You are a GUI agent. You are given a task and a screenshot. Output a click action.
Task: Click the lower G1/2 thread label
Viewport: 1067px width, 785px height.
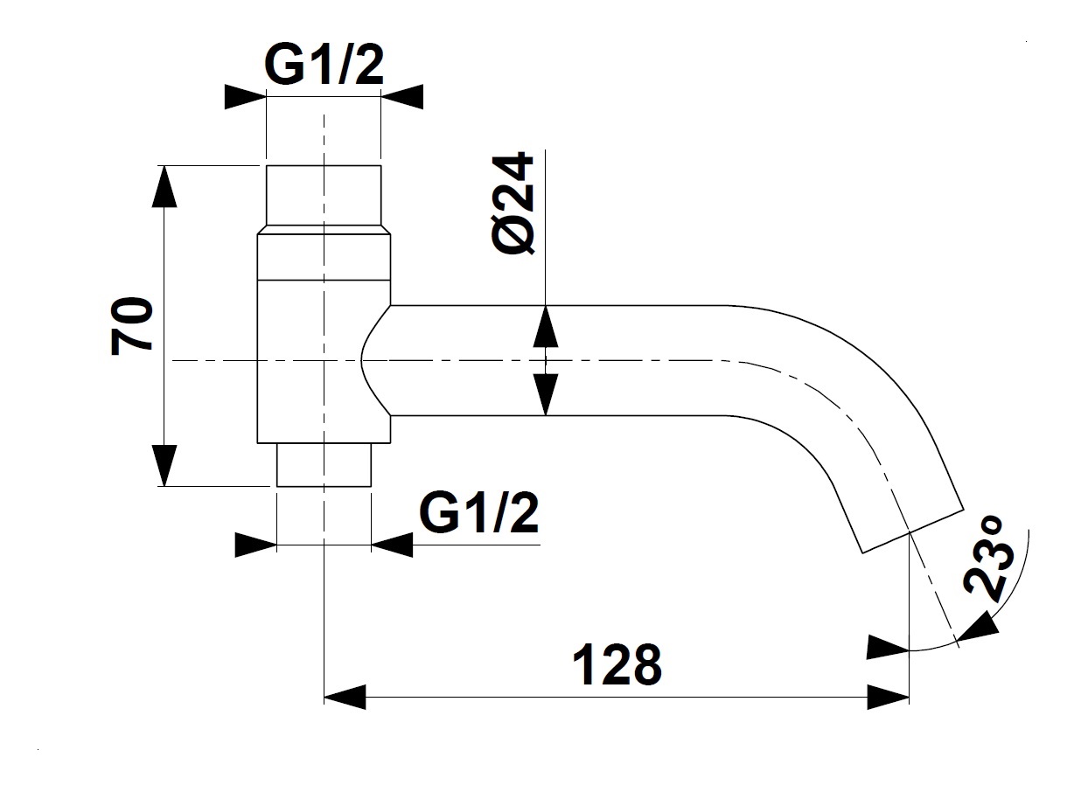coord(479,515)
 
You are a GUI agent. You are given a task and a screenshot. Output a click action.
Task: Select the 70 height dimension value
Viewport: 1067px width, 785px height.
coord(132,324)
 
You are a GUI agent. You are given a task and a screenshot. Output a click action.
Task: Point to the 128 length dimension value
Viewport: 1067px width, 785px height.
coord(617,666)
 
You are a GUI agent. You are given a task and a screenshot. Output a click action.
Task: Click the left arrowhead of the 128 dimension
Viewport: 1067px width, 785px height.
coord(344,698)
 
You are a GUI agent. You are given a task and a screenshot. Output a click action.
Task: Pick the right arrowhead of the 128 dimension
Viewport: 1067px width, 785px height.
coord(889,698)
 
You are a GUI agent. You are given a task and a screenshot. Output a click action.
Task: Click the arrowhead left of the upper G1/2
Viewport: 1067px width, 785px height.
coord(245,96)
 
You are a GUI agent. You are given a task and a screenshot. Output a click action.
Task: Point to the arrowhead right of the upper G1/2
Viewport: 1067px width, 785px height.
coord(401,96)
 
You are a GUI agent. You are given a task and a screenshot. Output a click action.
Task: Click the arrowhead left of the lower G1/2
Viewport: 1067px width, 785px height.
coord(256,545)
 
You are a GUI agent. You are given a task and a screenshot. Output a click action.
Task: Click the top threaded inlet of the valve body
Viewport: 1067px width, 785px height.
coord(323,198)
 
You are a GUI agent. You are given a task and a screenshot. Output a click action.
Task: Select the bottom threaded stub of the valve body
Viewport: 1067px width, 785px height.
coord(324,464)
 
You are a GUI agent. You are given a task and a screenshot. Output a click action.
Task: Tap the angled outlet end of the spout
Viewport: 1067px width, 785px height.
coord(912,529)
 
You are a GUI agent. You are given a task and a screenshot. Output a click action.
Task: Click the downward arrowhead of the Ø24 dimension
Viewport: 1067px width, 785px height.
coord(545,394)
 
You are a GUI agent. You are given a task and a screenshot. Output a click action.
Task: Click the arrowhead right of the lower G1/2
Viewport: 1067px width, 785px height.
coord(392,545)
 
